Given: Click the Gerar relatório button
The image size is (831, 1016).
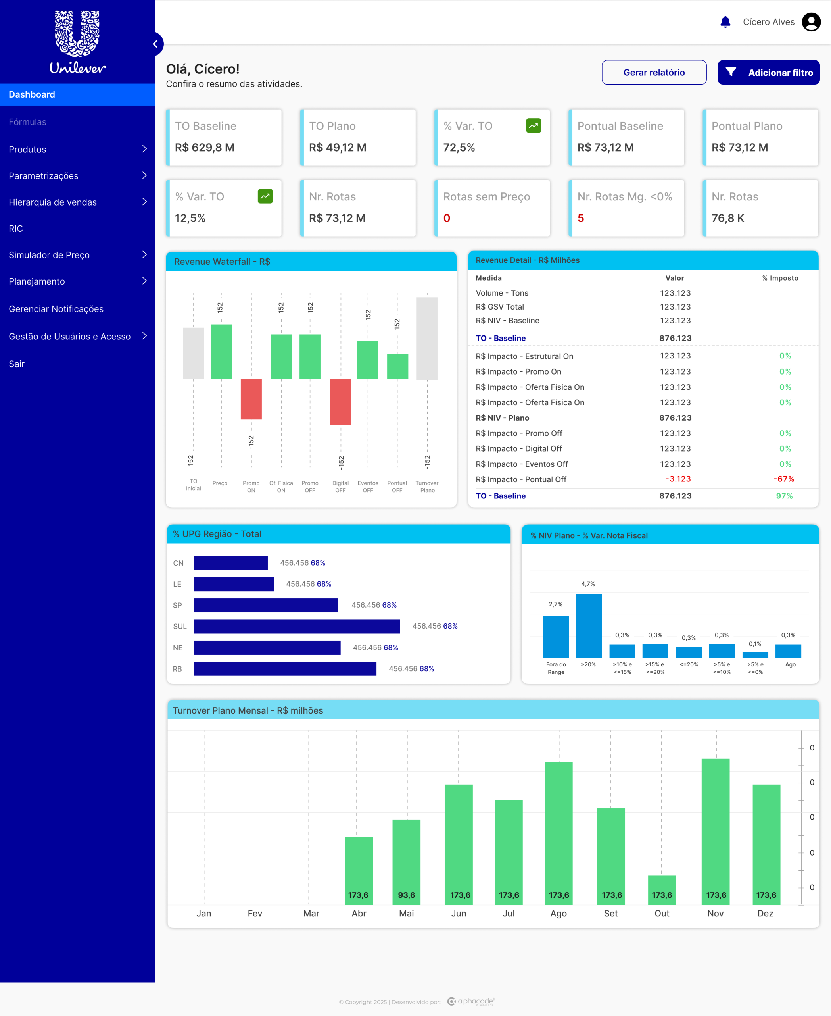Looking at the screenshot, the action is pyautogui.click(x=654, y=72).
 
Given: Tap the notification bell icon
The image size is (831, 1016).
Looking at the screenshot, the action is pyautogui.click(x=725, y=22).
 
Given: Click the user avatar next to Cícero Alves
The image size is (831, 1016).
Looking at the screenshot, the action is pyautogui.click(x=811, y=22).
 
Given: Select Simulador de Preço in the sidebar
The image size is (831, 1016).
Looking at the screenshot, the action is pyautogui.click(x=49, y=255).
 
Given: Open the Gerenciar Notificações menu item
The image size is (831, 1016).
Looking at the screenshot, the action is pyautogui.click(x=56, y=309).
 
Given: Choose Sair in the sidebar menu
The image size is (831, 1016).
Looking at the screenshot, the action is pyautogui.click(x=16, y=364).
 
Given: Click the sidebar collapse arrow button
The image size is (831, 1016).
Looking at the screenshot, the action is pyautogui.click(x=155, y=44).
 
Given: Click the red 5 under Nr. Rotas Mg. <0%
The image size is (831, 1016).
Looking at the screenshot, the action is pyautogui.click(x=581, y=218).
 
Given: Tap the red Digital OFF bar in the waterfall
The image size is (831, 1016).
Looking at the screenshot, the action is pyautogui.click(x=340, y=402).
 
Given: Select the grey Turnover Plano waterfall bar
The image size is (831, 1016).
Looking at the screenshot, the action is pyautogui.click(x=427, y=339).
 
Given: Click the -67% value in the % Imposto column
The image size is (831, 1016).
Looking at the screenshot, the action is pyautogui.click(x=784, y=479).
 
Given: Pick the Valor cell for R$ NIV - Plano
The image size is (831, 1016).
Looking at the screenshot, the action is pyautogui.click(x=675, y=418).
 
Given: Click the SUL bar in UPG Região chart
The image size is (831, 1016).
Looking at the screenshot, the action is pyautogui.click(x=297, y=626).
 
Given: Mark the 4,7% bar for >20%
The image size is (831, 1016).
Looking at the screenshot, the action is pyautogui.click(x=588, y=625).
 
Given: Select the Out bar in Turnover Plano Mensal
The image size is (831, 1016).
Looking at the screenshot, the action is pyautogui.click(x=662, y=890).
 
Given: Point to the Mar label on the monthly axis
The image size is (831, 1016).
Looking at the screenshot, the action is pyautogui.click(x=311, y=914).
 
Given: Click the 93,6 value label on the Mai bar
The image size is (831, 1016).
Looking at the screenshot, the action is pyautogui.click(x=407, y=895).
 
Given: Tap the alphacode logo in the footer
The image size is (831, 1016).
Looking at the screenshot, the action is pyautogui.click(x=471, y=1001).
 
